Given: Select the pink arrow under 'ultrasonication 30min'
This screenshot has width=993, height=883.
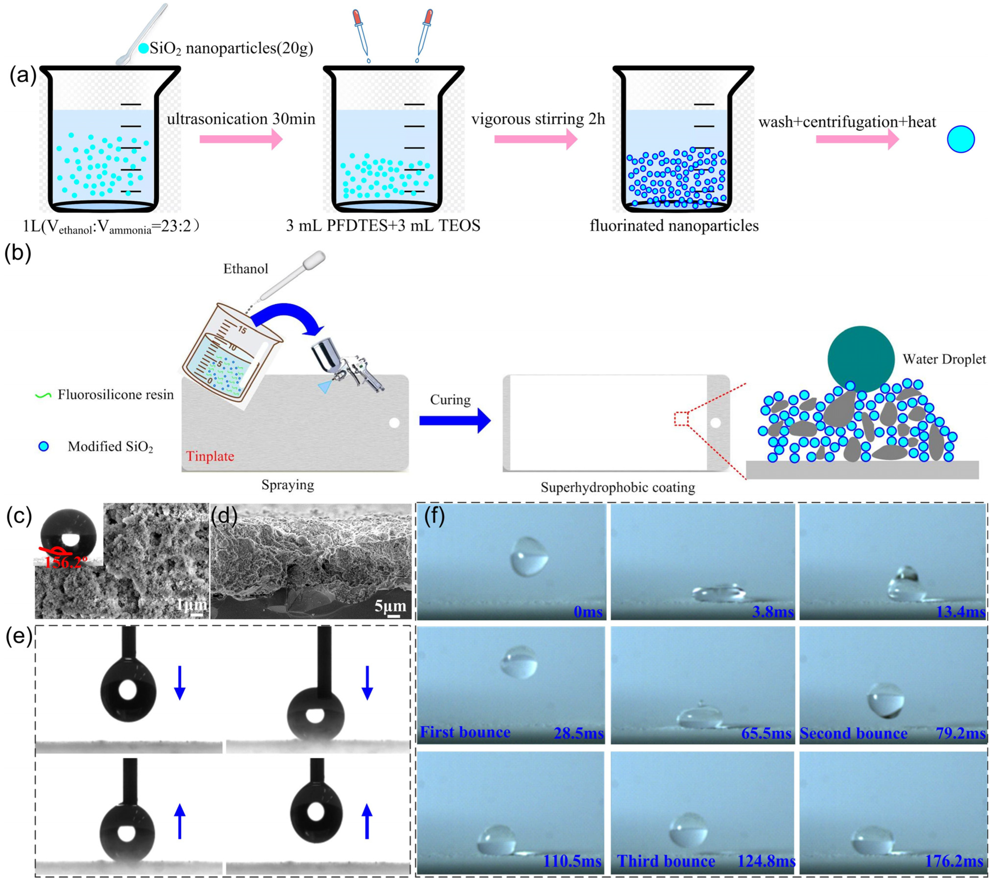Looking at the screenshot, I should tap(241, 140).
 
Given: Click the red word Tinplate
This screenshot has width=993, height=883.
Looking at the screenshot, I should tap(210, 456).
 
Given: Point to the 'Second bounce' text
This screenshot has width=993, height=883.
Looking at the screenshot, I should tap(854, 733).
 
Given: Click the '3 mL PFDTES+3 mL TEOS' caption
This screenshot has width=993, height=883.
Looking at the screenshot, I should tap(383, 226).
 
